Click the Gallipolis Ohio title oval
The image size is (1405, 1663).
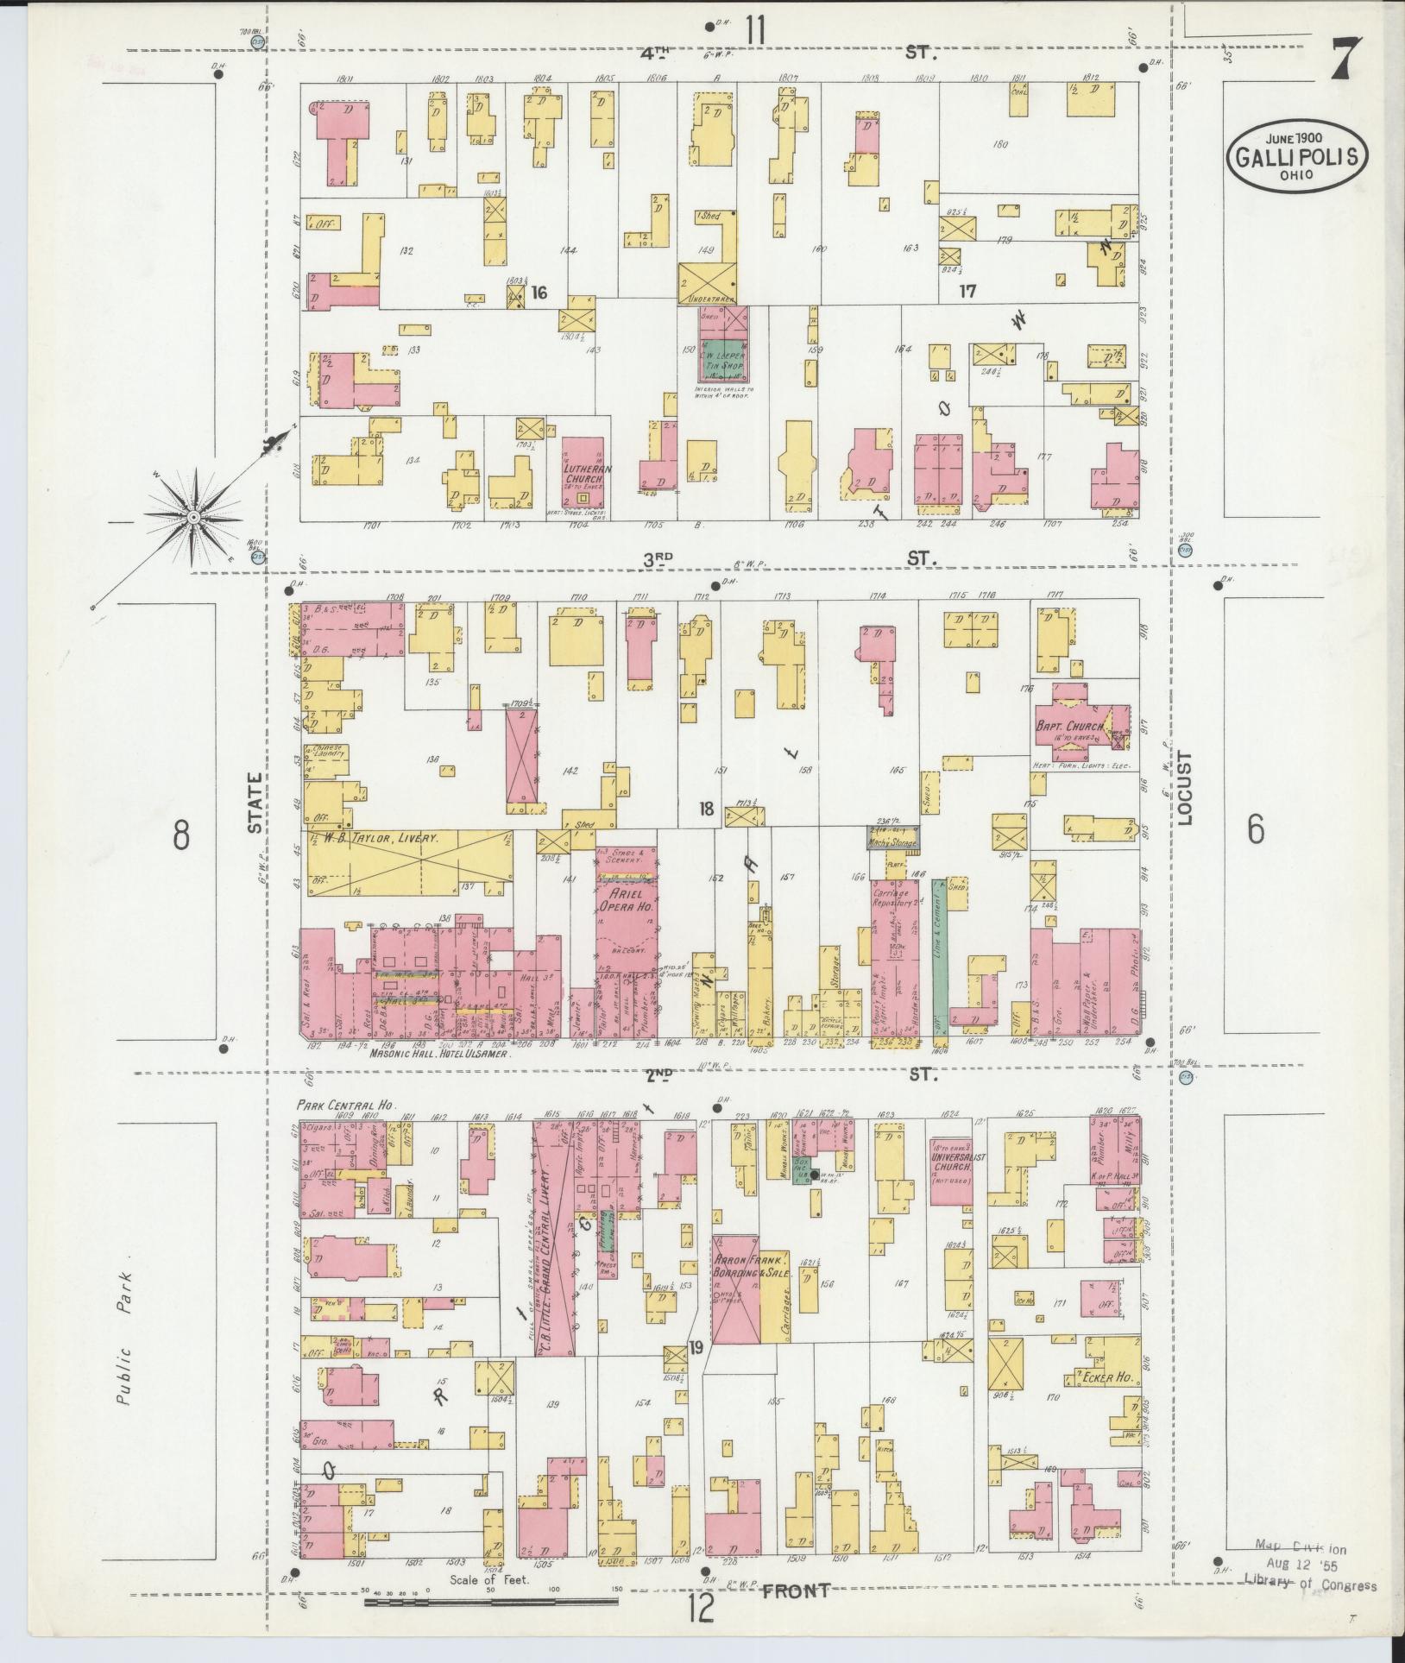click(1297, 156)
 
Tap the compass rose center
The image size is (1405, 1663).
click(193, 517)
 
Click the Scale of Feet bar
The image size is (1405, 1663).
click(492, 1602)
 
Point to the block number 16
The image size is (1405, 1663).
click(539, 293)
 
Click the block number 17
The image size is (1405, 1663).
click(967, 292)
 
